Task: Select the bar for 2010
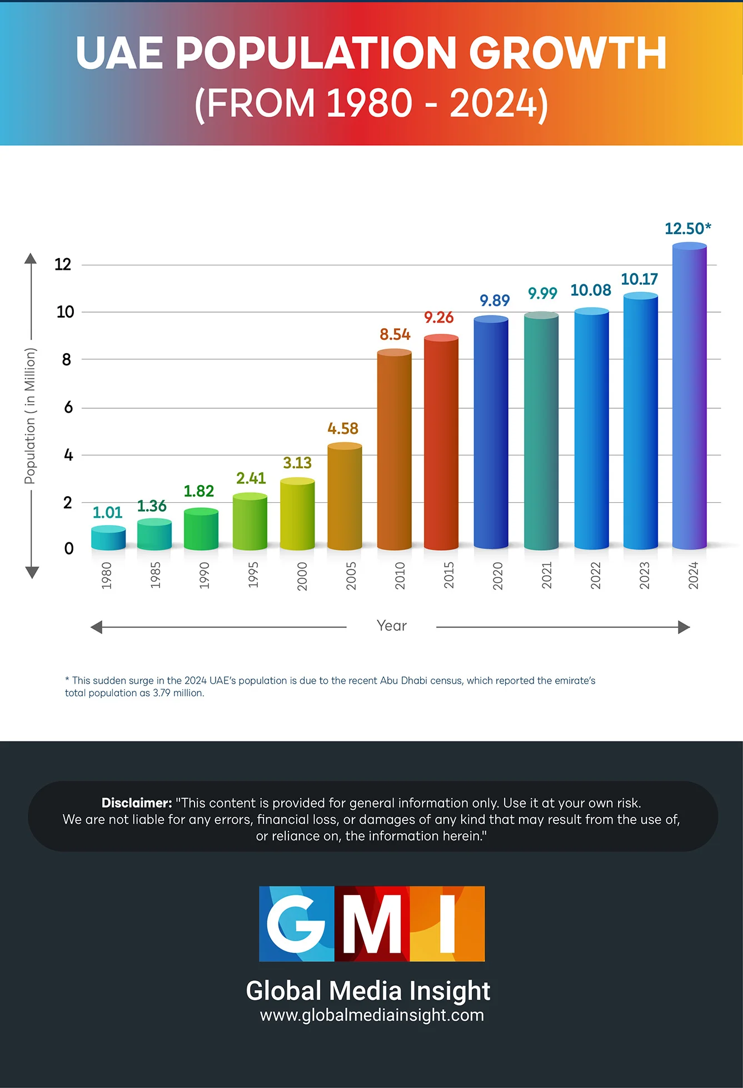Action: click(x=394, y=451)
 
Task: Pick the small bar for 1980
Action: click(x=108, y=538)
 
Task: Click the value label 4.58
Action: click(x=343, y=429)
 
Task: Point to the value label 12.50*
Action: click(x=687, y=229)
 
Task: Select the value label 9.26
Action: click(x=438, y=318)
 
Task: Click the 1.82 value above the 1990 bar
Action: click(x=198, y=491)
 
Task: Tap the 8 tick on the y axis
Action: click(x=67, y=360)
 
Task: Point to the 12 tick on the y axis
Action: click(x=63, y=264)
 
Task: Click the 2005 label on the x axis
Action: click(x=351, y=576)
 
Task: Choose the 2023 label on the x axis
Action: click(x=645, y=576)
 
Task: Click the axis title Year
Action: click(x=392, y=626)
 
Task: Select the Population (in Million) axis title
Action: click(x=30, y=416)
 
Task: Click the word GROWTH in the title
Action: click(x=567, y=53)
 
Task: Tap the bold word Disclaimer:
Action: click(x=137, y=803)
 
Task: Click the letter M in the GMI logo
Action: click(x=372, y=924)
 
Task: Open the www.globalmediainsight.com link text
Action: click(x=372, y=1015)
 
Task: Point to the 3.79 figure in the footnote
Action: click(x=161, y=693)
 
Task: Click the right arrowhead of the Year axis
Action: click(x=684, y=627)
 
